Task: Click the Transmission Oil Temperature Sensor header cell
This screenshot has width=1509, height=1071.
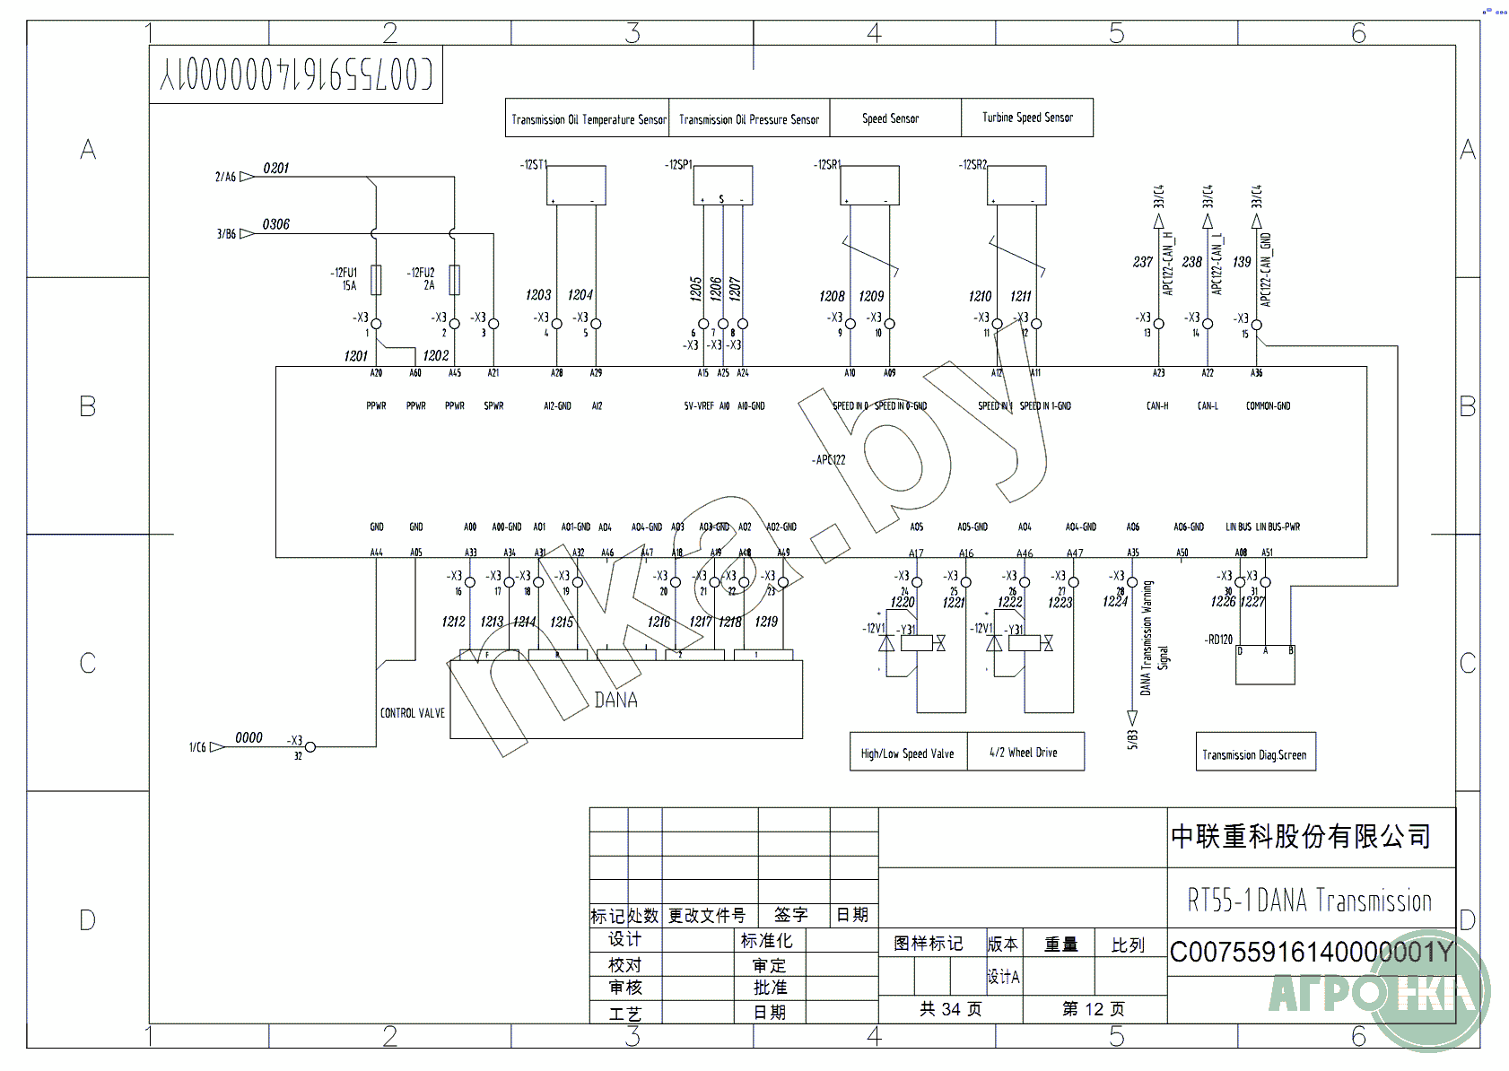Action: click(x=588, y=118)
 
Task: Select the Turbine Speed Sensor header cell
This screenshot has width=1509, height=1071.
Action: click(x=1027, y=118)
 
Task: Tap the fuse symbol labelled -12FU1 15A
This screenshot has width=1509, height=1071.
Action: click(x=376, y=280)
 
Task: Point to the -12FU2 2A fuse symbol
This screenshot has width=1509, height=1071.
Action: click(x=455, y=280)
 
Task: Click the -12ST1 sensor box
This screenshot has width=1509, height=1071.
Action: click(x=576, y=185)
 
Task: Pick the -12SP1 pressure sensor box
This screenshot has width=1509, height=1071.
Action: click(x=722, y=185)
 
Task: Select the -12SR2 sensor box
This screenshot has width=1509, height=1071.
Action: click(x=1016, y=185)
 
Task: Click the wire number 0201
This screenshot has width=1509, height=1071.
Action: click(x=276, y=169)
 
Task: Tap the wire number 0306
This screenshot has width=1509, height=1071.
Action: click(x=276, y=224)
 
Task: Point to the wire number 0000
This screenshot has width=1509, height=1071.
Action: click(x=249, y=738)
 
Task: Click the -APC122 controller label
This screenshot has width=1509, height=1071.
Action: click(x=829, y=460)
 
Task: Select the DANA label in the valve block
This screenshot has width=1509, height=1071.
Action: click(x=616, y=701)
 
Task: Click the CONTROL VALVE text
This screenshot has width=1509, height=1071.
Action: click(x=412, y=713)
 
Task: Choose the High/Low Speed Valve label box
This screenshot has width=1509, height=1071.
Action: click(x=908, y=753)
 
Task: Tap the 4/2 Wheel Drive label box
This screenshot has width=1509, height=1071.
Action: click(x=1024, y=753)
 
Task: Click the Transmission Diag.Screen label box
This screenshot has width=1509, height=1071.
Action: click(x=1254, y=753)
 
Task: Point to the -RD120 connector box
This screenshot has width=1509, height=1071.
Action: click(x=1265, y=665)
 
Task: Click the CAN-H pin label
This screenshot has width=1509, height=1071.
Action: click(x=1157, y=406)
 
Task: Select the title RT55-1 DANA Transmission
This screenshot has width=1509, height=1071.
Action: click(x=1310, y=901)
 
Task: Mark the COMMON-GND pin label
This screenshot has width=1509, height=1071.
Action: click(x=1268, y=406)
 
